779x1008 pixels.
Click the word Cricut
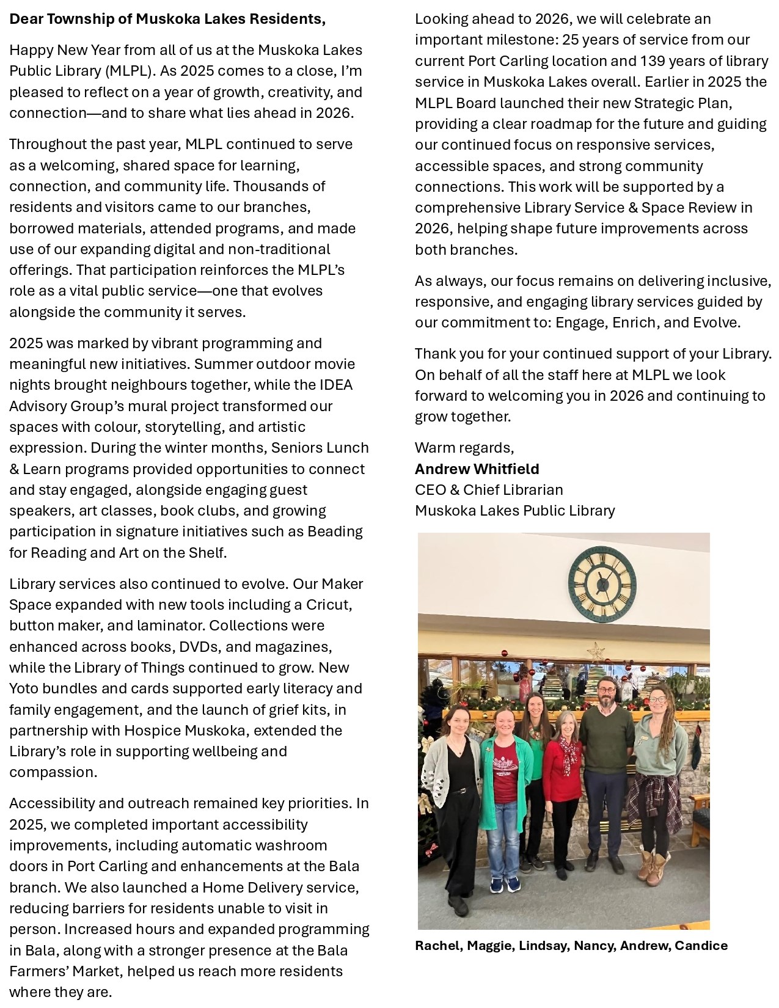click(x=328, y=605)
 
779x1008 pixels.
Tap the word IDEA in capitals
click(x=336, y=385)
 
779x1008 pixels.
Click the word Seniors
click(x=296, y=448)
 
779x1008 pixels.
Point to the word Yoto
click(x=23, y=688)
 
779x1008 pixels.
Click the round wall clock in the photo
click(x=602, y=584)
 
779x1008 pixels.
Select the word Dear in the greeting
click(x=26, y=19)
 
